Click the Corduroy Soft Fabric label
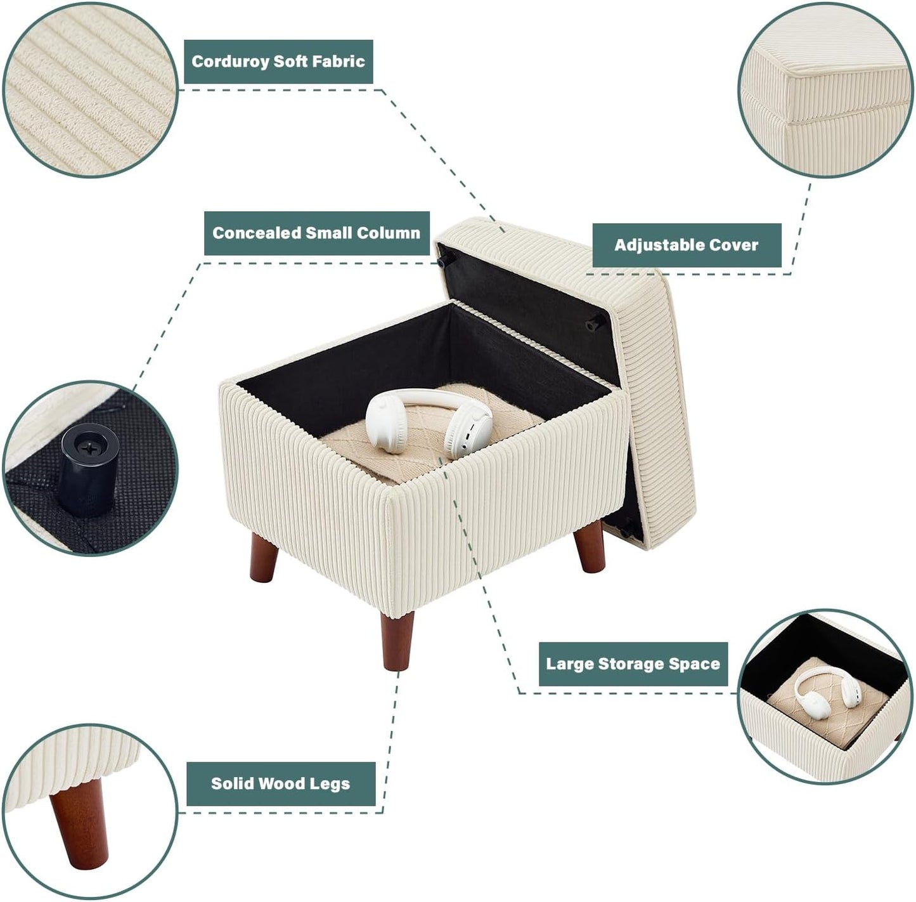pyautogui.click(x=278, y=62)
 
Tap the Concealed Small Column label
pyautogui.click(x=316, y=233)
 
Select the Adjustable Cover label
pyautogui.click(x=686, y=245)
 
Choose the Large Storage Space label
pyautogui.click(x=633, y=664)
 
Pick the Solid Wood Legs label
pyautogui.click(x=280, y=783)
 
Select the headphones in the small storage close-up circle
pyautogui.click(x=823, y=695)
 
